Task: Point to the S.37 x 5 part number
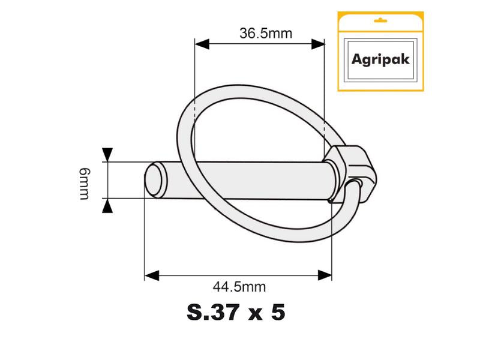tap(236, 313)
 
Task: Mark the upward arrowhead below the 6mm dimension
tap(107, 206)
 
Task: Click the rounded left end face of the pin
tap(155, 179)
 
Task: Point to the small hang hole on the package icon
tap(378, 20)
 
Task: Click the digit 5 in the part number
tap(277, 313)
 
